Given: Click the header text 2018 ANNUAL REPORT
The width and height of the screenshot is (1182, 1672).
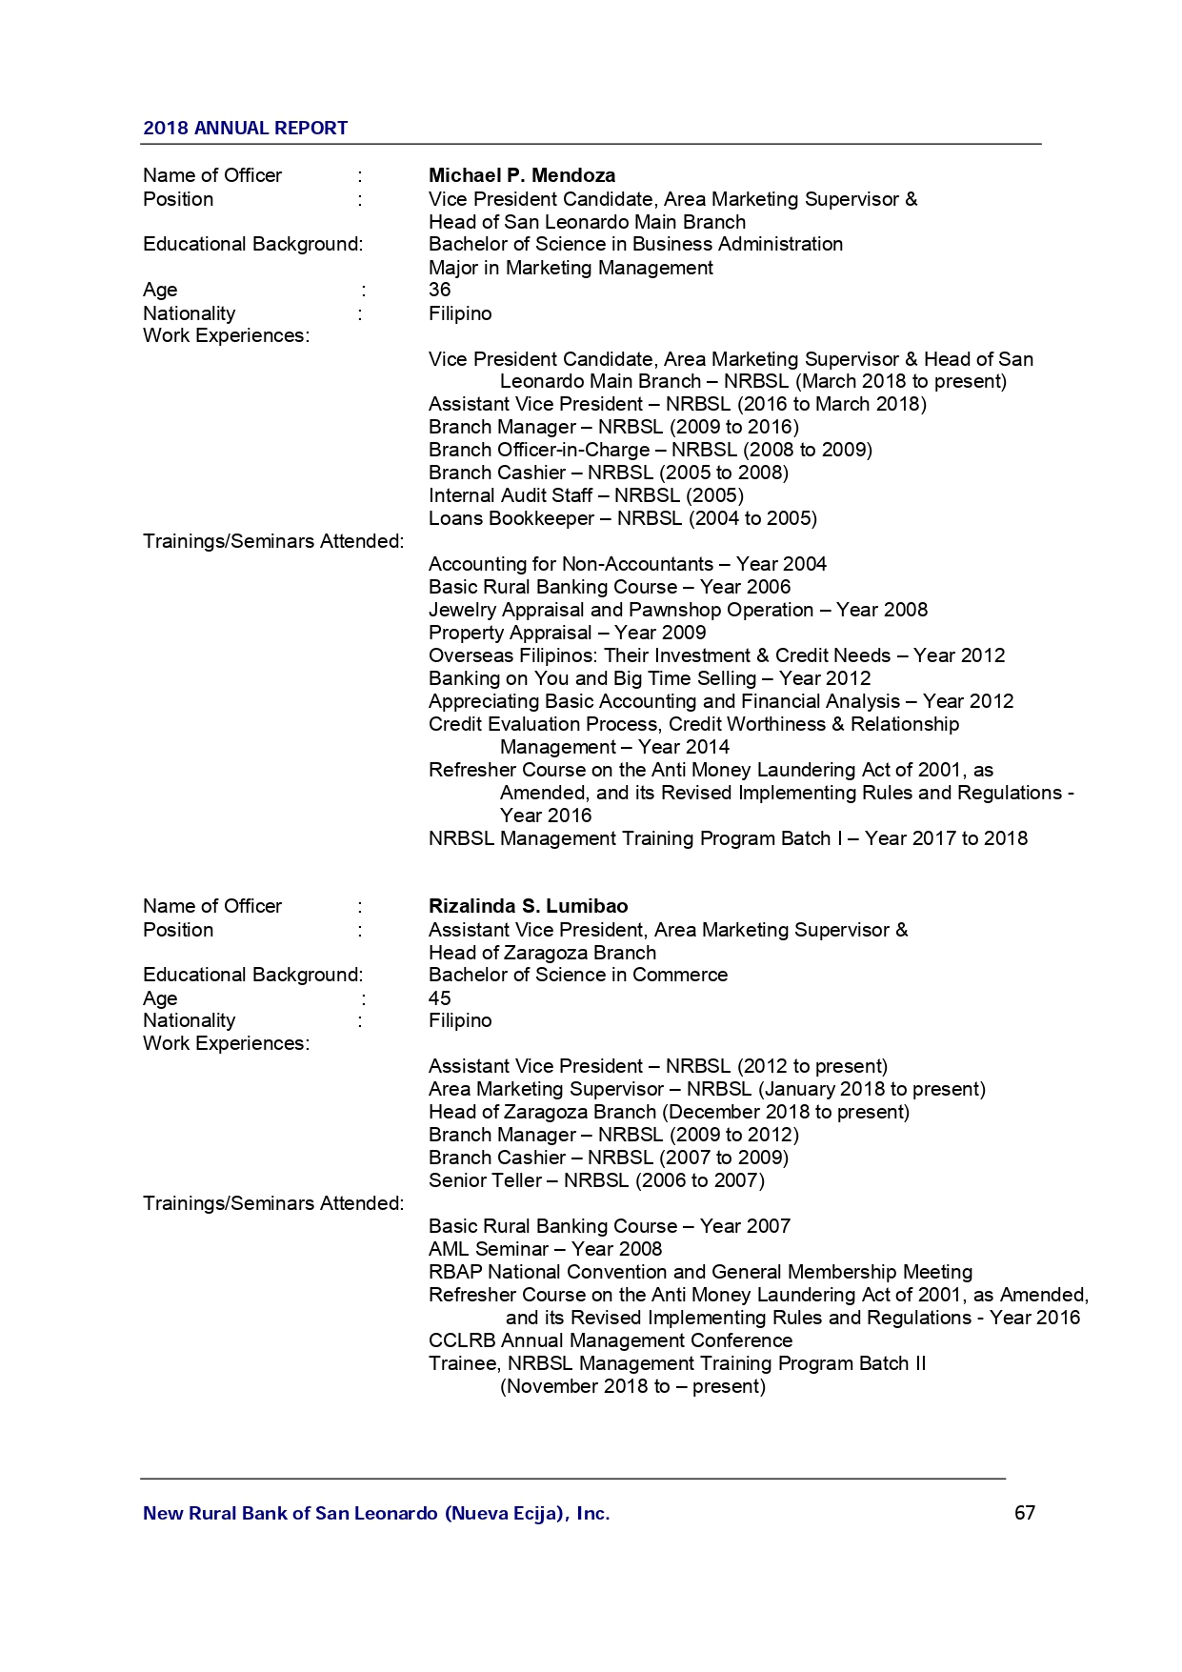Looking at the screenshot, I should tap(245, 128).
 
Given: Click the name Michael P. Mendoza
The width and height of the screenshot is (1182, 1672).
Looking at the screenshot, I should tap(521, 175).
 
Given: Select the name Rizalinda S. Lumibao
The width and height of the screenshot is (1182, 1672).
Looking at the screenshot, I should tap(528, 906).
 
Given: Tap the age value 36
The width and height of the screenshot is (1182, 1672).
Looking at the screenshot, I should tap(439, 290).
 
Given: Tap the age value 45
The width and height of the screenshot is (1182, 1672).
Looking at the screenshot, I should tap(439, 998).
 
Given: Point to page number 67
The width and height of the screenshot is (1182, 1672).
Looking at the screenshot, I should tap(1024, 1513).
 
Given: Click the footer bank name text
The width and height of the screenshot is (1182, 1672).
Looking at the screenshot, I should tap(376, 1514).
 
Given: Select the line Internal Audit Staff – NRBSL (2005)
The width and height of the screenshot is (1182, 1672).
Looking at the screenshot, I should tap(586, 495).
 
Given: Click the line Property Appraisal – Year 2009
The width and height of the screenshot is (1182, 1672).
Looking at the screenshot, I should tap(567, 633).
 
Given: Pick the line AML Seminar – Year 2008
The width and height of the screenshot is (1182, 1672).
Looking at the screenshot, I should tap(545, 1249).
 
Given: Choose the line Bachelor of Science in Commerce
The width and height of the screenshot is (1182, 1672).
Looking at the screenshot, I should tap(577, 975).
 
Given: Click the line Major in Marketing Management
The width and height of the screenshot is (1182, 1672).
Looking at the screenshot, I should tap(570, 268).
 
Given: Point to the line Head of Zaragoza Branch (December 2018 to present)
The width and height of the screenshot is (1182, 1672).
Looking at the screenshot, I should tap(669, 1112).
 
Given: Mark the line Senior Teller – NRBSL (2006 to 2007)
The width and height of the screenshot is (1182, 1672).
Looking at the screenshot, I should tap(596, 1180).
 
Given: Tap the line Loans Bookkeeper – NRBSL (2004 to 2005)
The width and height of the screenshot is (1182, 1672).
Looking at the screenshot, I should tap(622, 518).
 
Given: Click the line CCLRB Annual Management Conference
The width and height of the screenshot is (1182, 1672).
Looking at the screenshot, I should tap(610, 1340).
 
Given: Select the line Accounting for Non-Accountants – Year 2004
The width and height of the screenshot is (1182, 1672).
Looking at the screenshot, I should tap(627, 564).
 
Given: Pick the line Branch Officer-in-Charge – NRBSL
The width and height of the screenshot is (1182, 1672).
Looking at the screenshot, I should tap(650, 450).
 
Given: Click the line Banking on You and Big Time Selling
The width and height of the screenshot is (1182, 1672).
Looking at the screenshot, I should tap(649, 678).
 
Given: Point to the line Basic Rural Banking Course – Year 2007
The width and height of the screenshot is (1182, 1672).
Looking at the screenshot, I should tap(609, 1226).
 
